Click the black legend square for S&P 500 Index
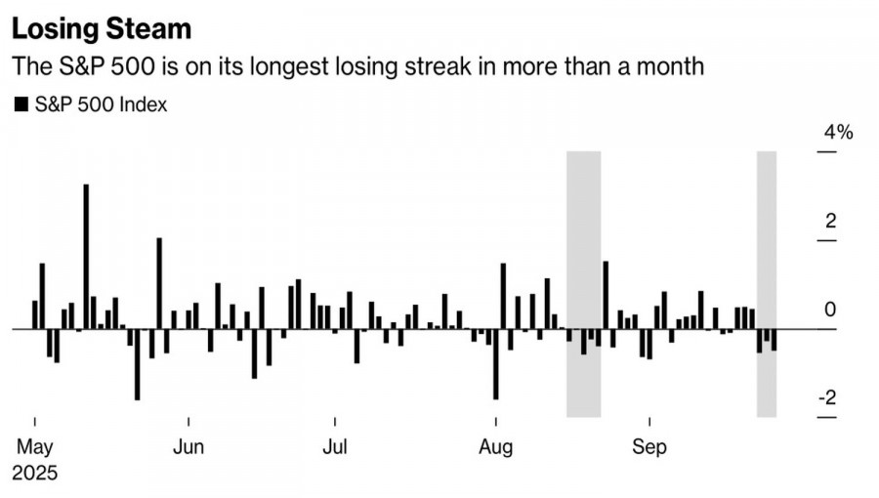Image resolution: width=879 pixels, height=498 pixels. (x=21, y=104)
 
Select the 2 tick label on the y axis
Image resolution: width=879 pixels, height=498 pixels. (x=831, y=222)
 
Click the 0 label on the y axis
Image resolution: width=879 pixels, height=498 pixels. (x=831, y=310)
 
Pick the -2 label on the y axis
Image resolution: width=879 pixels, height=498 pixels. (x=827, y=398)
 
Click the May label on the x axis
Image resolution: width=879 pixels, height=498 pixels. (x=35, y=447)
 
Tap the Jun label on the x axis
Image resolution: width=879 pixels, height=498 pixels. (x=188, y=447)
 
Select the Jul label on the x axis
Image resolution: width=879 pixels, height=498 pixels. (x=335, y=447)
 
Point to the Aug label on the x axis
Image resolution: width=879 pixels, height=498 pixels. (x=496, y=447)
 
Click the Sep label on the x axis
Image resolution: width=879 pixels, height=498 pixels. (x=649, y=447)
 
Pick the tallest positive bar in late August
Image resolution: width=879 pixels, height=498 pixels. (x=606, y=294)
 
